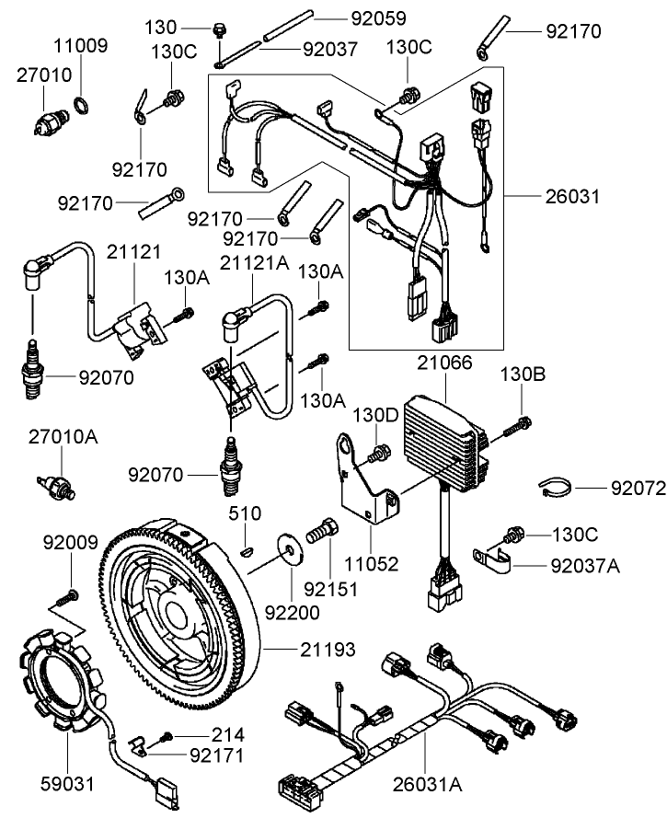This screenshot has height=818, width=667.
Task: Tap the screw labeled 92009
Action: point(71,593)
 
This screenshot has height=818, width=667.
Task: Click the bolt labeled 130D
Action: point(376,452)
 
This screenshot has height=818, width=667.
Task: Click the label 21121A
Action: point(254,262)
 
